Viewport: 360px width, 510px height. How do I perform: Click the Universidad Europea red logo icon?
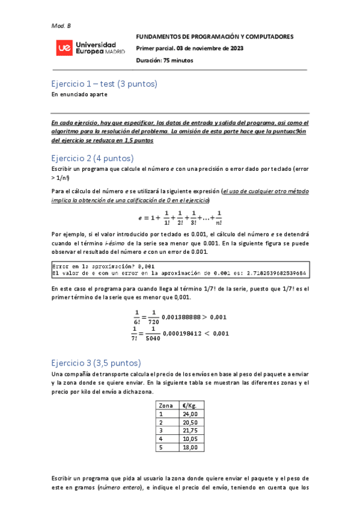pyautogui.click(x=62, y=48)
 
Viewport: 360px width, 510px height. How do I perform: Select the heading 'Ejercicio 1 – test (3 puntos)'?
pyautogui.click(x=104, y=84)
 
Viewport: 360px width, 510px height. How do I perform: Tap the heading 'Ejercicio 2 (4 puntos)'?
pyautogui.click(x=92, y=158)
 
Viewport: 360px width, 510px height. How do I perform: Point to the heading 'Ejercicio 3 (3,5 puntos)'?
pyautogui.click(x=96, y=363)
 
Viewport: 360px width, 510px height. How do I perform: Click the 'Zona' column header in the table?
pyautogui.click(x=164, y=405)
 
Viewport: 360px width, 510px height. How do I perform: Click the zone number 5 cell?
pyautogui.click(x=161, y=447)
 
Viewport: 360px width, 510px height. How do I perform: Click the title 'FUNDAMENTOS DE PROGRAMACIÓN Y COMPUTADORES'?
pyautogui.click(x=215, y=37)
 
